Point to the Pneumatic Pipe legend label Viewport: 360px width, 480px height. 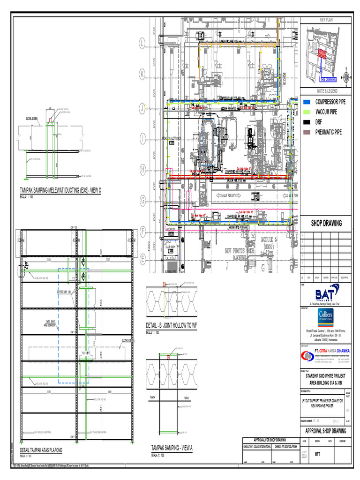click(328, 132)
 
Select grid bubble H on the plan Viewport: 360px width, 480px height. click(142, 171)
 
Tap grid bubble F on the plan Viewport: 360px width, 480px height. click(142, 231)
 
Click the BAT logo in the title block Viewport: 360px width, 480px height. click(327, 295)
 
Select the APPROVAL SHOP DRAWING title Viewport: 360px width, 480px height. click(326, 431)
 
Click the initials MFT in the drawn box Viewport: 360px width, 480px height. click(317, 454)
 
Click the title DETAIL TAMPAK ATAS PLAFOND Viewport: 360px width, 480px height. click(41, 450)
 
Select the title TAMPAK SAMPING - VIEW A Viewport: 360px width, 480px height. click(172, 448)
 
